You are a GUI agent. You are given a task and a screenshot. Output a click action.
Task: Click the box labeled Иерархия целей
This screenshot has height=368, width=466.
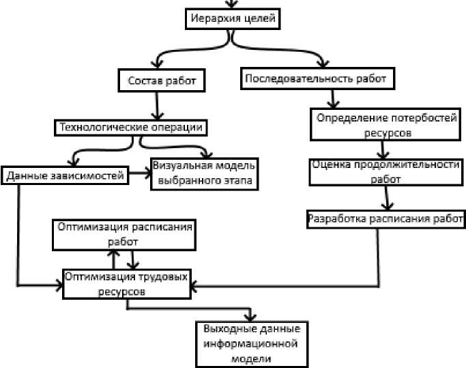click(x=233, y=19)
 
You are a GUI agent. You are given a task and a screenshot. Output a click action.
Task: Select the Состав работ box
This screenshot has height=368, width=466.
click(x=162, y=81)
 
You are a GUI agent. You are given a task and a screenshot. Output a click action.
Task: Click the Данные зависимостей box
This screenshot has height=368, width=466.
click(x=65, y=175)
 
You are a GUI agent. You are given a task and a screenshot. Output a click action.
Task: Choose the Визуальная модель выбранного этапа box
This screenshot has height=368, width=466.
click(x=203, y=174)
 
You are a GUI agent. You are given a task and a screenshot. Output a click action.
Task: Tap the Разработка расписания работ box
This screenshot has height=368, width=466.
click(x=385, y=220)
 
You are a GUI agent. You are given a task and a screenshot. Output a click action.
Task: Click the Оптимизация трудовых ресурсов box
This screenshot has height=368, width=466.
click(x=128, y=283)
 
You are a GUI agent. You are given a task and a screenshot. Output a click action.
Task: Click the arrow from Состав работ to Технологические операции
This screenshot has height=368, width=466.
click(x=158, y=105)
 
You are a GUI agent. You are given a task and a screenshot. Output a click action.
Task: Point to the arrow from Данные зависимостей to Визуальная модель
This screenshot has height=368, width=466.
click(x=140, y=175)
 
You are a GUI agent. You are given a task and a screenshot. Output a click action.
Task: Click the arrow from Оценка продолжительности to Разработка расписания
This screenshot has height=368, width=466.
click(x=386, y=198)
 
